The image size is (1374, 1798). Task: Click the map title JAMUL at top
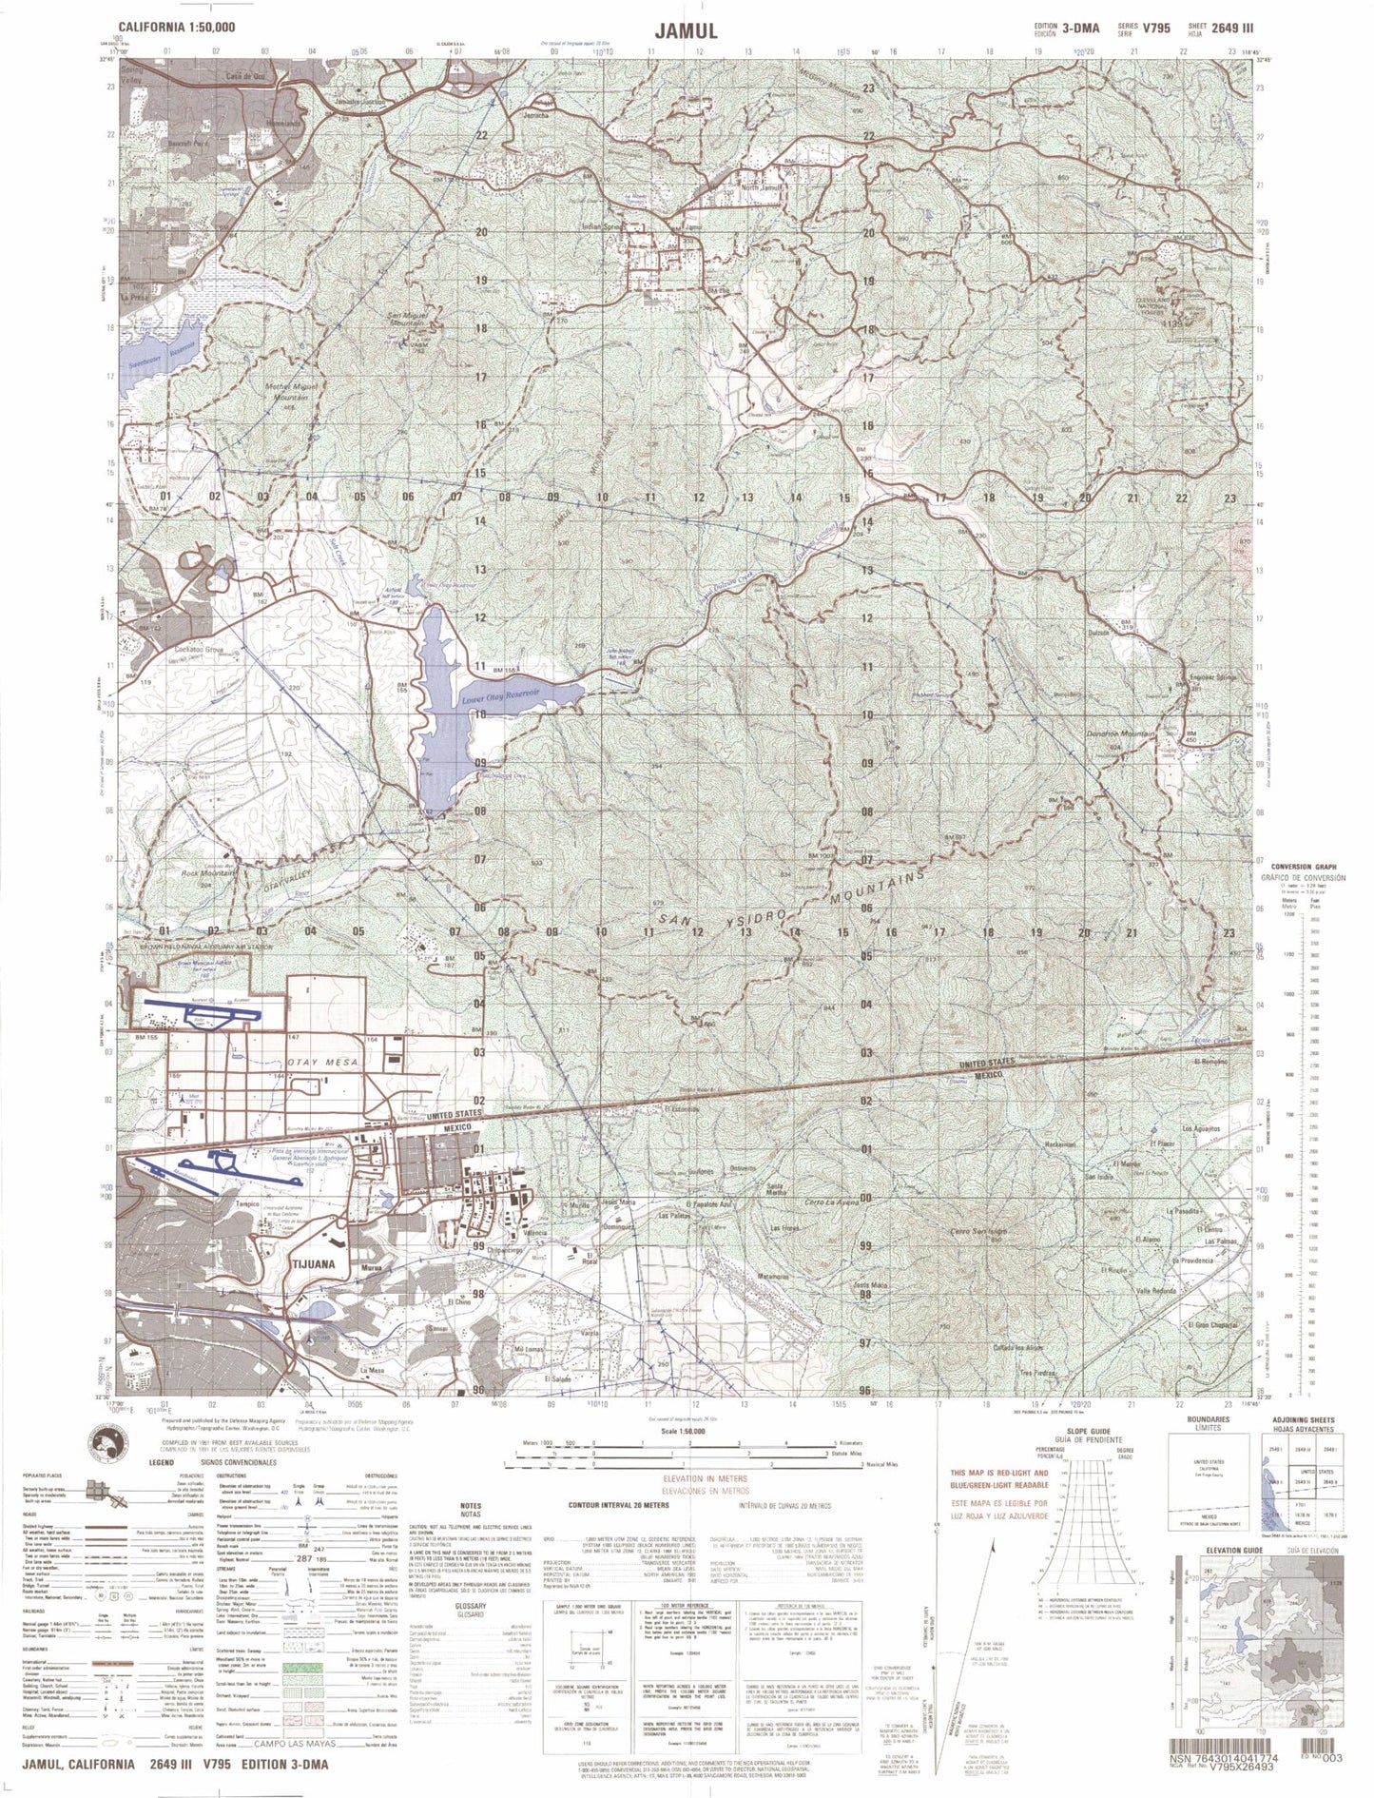[686, 29]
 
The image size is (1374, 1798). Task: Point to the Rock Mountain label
[208, 872]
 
